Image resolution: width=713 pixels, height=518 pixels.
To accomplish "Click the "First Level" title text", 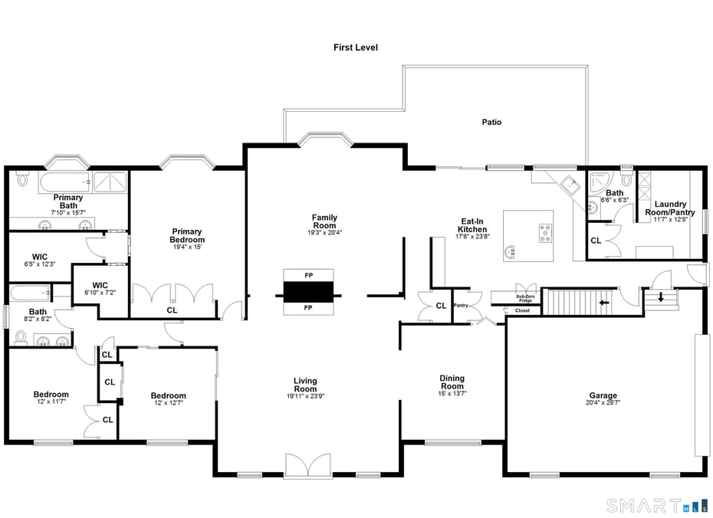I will pyautogui.click(x=355, y=48).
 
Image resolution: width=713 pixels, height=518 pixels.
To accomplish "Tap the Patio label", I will pyautogui.click(x=491, y=122).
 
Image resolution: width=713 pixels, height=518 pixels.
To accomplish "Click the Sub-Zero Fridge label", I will pyautogui.click(x=524, y=298).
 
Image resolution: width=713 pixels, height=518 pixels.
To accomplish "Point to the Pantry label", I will pyautogui.click(x=461, y=305).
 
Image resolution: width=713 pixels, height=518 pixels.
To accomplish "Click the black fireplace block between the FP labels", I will pyautogui.click(x=308, y=291).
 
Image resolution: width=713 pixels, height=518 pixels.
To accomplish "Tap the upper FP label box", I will pyautogui.click(x=308, y=275).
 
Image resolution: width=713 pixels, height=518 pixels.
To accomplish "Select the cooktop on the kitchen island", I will pyautogui.click(x=546, y=233).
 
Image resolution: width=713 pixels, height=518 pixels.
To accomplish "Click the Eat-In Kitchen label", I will pyautogui.click(x=472, y=225).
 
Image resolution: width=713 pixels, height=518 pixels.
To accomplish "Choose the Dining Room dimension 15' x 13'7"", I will pyautogui.click(x=452, y=393).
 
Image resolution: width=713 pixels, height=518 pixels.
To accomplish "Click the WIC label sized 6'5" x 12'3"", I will pyautogui.click(x=40, y=257).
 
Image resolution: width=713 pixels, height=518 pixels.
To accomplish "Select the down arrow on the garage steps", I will pyautogui.click(x=660, y=297).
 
